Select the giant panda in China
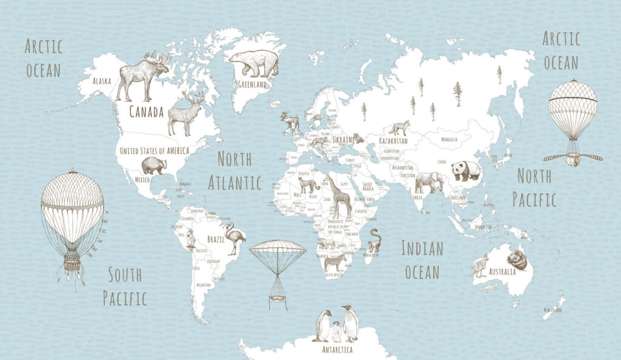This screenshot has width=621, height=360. [465, 170]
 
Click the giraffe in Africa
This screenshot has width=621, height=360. [340, 195]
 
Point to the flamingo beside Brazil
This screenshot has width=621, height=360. [233, 237]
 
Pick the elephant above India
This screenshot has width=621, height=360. [429, 182]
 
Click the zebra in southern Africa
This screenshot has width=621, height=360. [335, 262]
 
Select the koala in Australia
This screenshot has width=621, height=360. [517, 260]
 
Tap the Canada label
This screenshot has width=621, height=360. [146, 112]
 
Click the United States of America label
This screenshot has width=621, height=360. [154, 150]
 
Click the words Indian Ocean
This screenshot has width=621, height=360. [422, 259]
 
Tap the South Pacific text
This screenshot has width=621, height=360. [125, 286]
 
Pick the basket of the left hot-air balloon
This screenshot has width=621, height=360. [72, 264]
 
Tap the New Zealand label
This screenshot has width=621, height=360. [552, 310]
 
